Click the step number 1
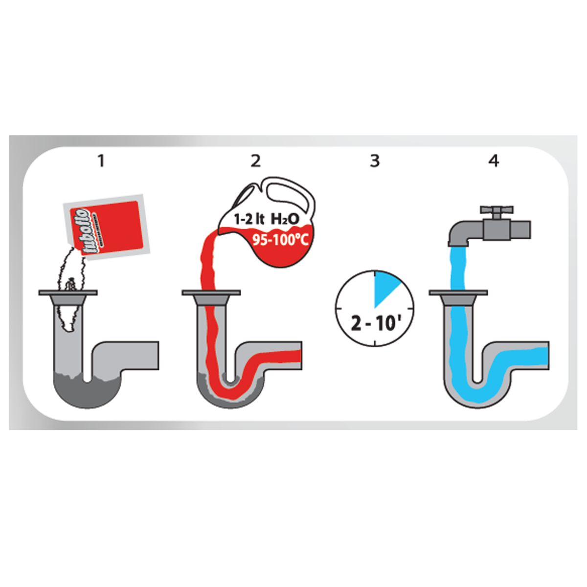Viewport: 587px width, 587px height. click(102, 160)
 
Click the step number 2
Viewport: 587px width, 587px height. click(256, 160)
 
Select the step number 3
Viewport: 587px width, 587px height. click(375, 160)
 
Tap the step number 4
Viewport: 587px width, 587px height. click(494, 160)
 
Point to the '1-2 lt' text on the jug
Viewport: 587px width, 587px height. click(248, 219)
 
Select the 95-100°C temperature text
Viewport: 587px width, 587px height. click(280, 241)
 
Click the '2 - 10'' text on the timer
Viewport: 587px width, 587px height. click(375, 323)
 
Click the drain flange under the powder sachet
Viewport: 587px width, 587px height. click(68, 293)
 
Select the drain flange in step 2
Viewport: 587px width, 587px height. click(211, 293)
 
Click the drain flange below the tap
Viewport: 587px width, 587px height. click(458, 293)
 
